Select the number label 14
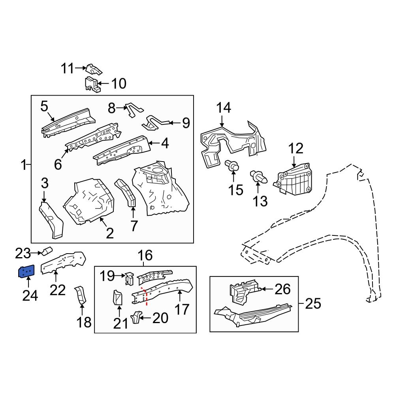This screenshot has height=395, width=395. point(223,108)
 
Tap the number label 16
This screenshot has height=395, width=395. point(145,256)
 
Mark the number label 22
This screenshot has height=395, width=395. point(58,290)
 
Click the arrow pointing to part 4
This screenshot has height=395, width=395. point(154,144)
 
